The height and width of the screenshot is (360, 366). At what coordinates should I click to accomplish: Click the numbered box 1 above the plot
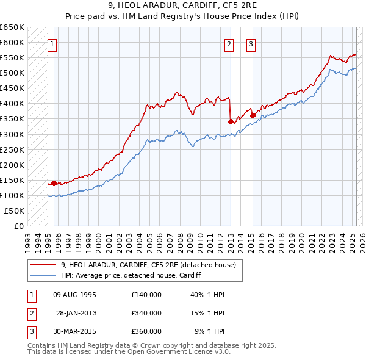[53, 44]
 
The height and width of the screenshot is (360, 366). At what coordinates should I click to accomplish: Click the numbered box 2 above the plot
[229, 44]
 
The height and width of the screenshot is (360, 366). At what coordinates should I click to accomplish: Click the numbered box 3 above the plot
[251, 44]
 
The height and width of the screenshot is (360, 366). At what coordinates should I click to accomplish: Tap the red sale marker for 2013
[231, 121]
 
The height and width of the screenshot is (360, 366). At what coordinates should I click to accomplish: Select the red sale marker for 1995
[54, 182]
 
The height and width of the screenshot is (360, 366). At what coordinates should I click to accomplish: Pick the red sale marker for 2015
[253, 115]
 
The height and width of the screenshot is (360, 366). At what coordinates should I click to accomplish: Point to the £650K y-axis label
[12, 27]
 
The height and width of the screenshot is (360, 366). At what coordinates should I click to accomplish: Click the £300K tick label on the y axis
[12, 134]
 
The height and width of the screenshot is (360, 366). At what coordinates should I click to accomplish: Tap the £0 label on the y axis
[18, 226]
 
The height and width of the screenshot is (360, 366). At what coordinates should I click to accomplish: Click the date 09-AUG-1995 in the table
[75, 295]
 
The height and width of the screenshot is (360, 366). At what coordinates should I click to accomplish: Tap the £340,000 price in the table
[146, 313]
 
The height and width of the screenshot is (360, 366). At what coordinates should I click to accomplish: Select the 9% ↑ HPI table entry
[209, 331]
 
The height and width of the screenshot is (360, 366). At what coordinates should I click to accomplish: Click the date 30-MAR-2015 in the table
[75, 331]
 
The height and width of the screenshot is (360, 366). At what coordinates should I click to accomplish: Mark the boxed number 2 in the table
[31, 313]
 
